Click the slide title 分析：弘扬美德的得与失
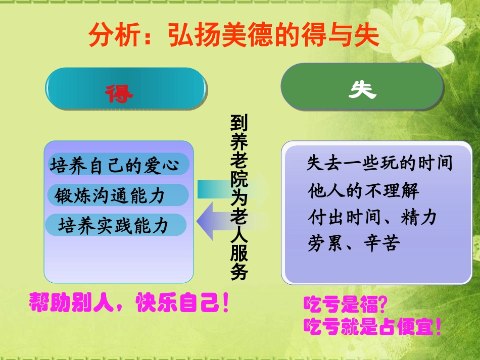[x=233, y=36]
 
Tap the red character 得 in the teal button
[x=119, y=92]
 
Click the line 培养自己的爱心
[x=115, y=165]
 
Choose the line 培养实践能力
[x=113, y=225]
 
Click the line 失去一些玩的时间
[x=379, y=164]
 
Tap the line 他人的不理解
[x=363, y=191]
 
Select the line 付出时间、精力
[x=372, y=218]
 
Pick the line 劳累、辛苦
[x=354, y=244]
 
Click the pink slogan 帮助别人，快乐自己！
[x=129, y=302]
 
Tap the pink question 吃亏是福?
[x=345, y=305]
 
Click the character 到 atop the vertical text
[x=239, y=123]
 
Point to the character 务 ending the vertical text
[x=239, y=273]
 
